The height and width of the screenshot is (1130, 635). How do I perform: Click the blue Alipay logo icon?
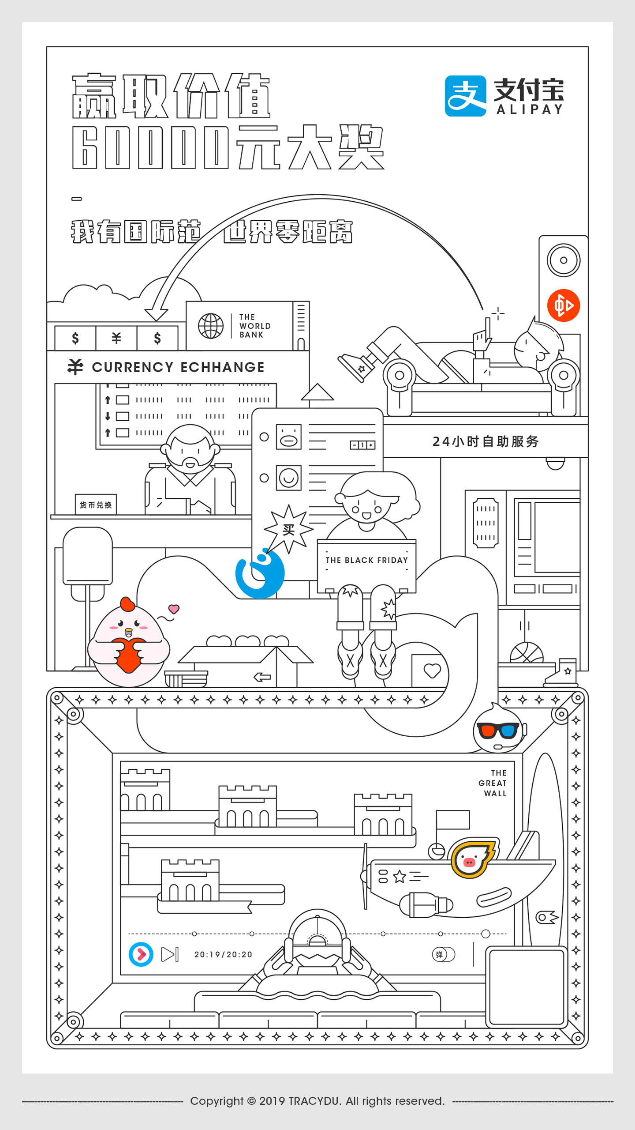coord(466,96)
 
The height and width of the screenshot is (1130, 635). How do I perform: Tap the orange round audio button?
coord(564,305)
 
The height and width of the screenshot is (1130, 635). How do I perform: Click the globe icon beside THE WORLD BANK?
coord(211,326)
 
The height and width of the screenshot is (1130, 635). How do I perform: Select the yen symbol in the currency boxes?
coord(116,338)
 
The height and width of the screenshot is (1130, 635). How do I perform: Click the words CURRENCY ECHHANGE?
coord(178,367)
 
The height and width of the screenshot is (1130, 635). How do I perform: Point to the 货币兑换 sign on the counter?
coord(96,505)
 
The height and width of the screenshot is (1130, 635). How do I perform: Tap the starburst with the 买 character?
coord(288,529)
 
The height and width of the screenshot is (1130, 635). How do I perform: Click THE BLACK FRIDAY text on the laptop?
coord(367,560)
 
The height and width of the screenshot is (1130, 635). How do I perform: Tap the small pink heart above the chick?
coord(174,609)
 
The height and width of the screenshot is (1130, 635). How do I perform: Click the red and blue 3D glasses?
coord(499,730)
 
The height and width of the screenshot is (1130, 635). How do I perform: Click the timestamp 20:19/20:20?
coord(223,954)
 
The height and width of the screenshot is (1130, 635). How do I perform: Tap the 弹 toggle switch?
coord(444,954)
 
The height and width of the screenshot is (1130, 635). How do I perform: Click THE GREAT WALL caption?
coord(493,783)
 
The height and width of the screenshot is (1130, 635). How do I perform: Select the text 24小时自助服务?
coord(486,441)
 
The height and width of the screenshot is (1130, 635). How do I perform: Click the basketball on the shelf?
coord(527,653)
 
